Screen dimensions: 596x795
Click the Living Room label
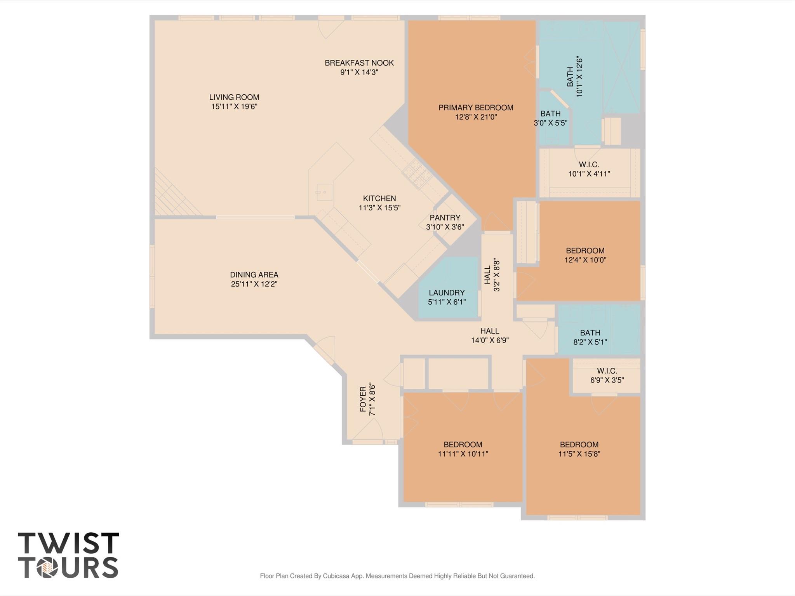click(x=234, y=97)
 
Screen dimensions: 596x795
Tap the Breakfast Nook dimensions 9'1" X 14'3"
click(x=359, y=72)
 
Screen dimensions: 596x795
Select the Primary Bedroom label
click(x=476, y=108)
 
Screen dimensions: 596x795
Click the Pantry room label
click(x=445, y=217)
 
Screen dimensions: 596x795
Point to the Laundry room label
click(x=447, y=292)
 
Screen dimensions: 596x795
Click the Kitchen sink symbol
click(x=324, y=192)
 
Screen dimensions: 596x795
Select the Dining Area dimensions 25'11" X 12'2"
click(x=254, y=284)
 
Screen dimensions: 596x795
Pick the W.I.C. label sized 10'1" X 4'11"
click(x=589, y=165)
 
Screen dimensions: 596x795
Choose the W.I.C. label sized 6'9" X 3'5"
click(x=607, y=371)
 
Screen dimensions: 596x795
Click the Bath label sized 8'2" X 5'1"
click(x=590, y=333)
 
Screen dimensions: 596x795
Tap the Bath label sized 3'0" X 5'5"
click(x=550, y=114)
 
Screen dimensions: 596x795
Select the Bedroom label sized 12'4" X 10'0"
click(x=585, y=251)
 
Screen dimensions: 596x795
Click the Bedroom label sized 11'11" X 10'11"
click(x=463, y=445)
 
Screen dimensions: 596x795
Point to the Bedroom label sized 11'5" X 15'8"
click(x=579, y=445)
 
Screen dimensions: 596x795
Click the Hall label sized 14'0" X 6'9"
click(x=490, y=331)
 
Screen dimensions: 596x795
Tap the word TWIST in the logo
click(x=68, y=543)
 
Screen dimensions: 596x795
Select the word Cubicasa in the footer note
click(x=336, y=576)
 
